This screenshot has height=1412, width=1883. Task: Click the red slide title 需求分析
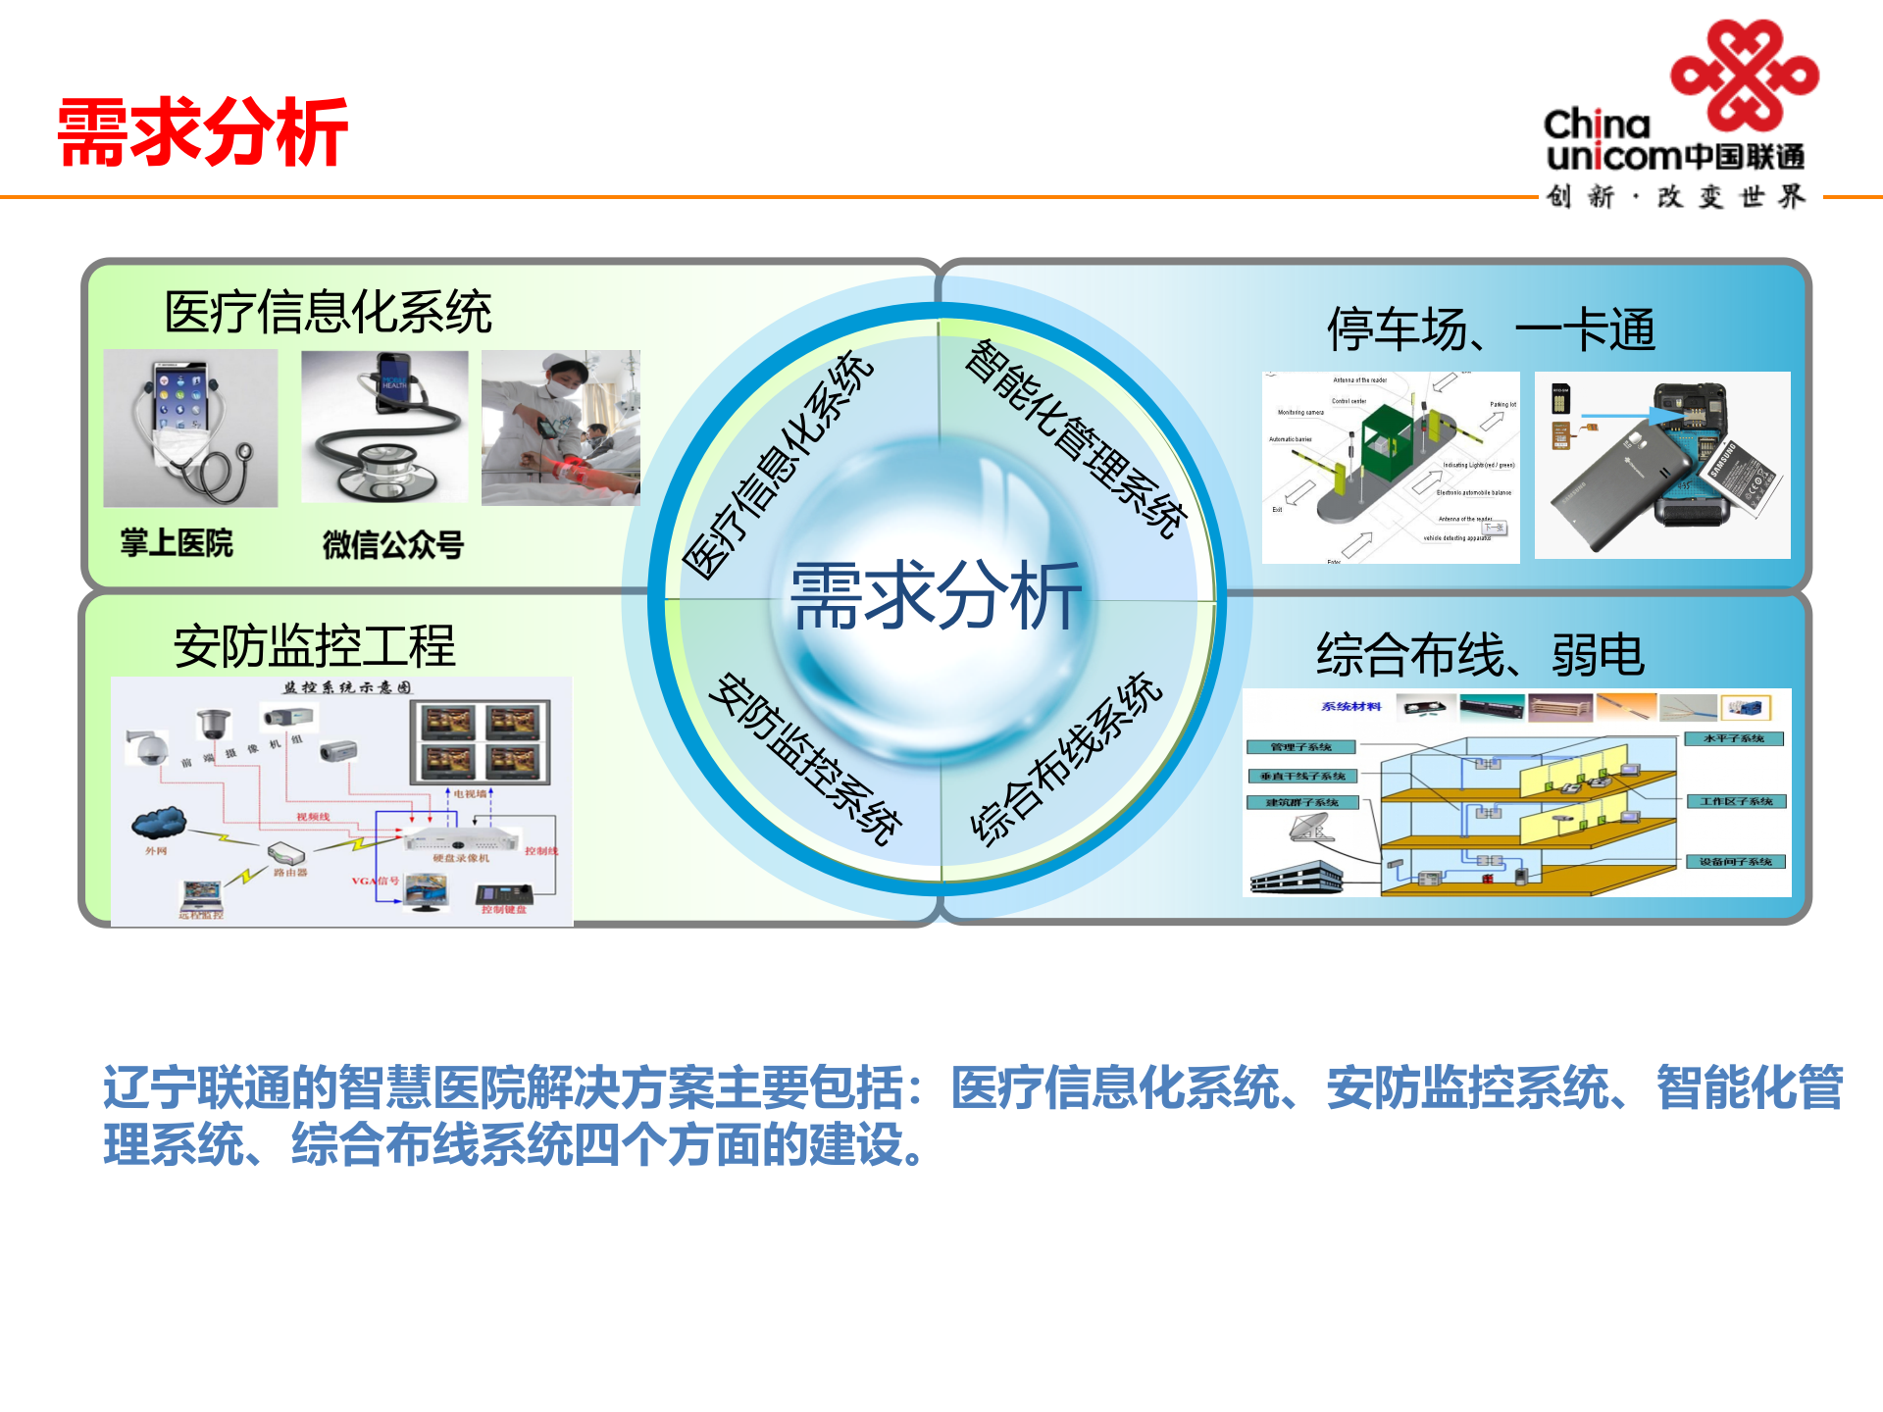[202, 132]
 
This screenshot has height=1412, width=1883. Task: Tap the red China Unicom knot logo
[1744, 75]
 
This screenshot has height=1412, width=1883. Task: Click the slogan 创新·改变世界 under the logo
[1675, 197]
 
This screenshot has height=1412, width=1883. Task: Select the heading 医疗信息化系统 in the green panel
[328, 313]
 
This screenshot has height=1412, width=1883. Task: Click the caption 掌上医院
[177, 542]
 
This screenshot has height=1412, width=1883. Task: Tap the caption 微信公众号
[392, 544]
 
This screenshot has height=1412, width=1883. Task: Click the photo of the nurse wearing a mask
[560, 428]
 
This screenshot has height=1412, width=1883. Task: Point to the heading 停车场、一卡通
[1491, 329]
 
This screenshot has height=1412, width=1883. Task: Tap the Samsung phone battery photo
[1662, 466]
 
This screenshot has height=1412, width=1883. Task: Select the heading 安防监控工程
[314, 646]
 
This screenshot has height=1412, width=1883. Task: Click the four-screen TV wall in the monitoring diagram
[480, 741]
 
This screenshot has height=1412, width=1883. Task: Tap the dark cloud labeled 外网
[159, 823]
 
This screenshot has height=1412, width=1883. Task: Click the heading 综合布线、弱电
[1479, 655]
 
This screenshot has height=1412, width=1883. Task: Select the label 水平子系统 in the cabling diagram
[1733, 739]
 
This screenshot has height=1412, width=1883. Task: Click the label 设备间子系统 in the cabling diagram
[1735, 862]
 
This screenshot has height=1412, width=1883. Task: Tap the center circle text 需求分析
[937, 595]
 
